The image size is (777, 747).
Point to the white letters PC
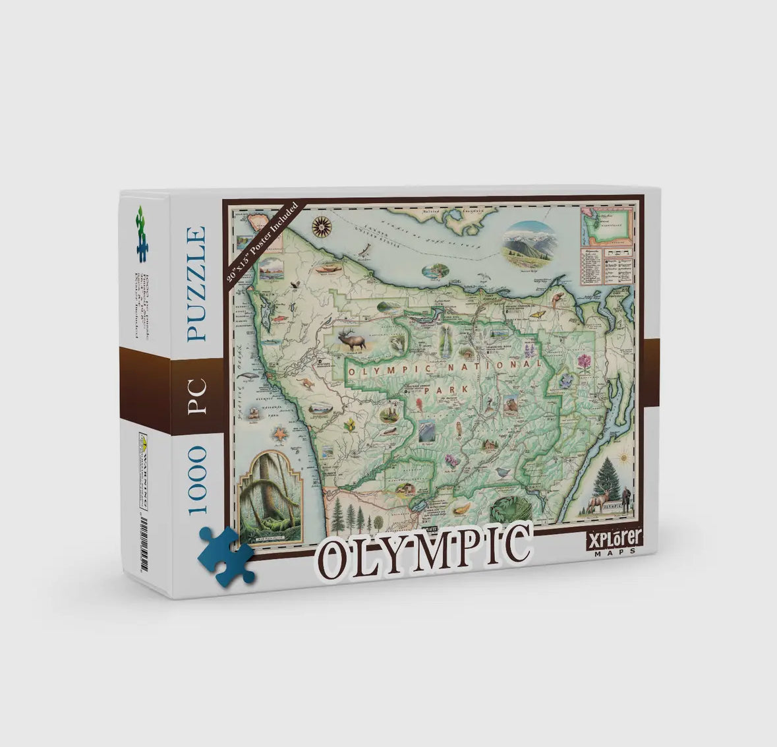pyautogui.click(x=197, y=396)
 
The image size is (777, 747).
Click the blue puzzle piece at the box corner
pyautogui.click(x=227, y=554)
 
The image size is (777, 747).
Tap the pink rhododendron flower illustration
pyautogui.click(x=585, y=363)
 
